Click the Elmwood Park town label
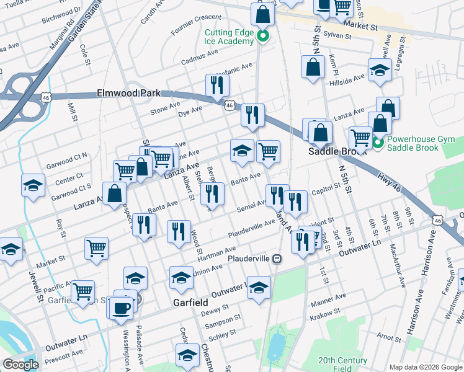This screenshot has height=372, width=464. click(x=128, y=93)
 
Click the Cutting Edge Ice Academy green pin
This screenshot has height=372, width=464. click(x=262, y=36)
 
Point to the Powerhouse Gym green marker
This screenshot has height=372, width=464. click(x=378, y=144)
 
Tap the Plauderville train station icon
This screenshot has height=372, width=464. click(x=278, y=258)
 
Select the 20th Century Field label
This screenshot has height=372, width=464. click(x=342, y=364)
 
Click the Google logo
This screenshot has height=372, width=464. click(x=20, y=365)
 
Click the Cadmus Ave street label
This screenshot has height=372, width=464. click(x=200, y=61)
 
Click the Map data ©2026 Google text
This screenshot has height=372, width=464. click(x=425, y=366)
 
